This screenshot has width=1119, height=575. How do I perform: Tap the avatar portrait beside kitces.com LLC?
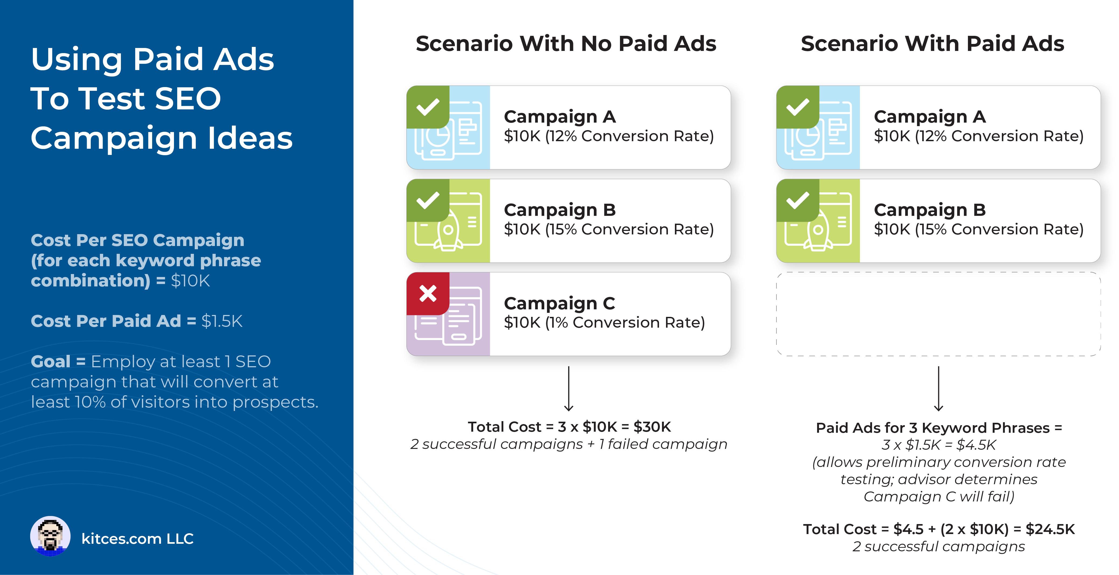50,536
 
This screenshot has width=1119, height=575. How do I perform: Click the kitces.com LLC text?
137,539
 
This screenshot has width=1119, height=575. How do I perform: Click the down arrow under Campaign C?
569,389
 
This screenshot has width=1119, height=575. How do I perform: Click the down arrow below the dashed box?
938,389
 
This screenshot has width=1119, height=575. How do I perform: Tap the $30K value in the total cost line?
652,427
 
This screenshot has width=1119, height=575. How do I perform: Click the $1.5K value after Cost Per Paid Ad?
222,321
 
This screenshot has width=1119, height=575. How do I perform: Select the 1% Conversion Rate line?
604,323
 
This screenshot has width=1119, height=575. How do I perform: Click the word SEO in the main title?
188,99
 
